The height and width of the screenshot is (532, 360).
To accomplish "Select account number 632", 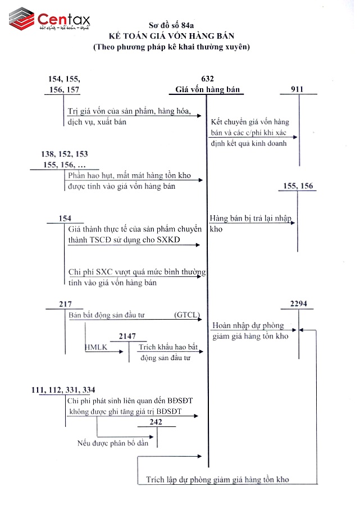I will pyautogui.click(x=207, y=79).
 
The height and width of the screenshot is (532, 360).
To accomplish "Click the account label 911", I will pyautogui.click(x=299, y=89).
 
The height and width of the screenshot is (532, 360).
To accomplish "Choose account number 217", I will pyautogui.click(x=65, y=304).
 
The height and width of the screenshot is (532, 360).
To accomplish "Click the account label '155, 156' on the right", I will pyautogui.click(x=299, y=186).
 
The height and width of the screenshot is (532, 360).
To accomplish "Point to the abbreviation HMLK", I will pyautogui.click(x=95, y=347).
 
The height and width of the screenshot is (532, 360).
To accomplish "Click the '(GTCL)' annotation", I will pyautogui.click(x=187, y=315).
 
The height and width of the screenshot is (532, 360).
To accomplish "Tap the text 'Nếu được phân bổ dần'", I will pyautogui.click(x=113, y=443).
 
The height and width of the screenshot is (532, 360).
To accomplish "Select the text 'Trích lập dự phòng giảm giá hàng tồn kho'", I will pyautogui.click(x=217, y=479).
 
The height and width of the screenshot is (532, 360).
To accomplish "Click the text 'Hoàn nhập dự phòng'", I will pyautogui.click(x=248, y=325).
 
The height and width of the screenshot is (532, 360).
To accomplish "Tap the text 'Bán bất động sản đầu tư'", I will pyautogui.click(x=107, y=315).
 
